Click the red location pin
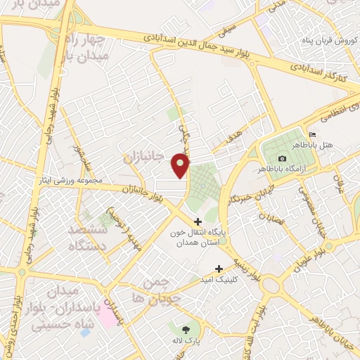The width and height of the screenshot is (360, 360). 181,165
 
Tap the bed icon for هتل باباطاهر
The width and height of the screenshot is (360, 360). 313,135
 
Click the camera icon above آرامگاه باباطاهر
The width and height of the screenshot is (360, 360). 282,159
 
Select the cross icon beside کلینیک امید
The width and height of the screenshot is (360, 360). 219,269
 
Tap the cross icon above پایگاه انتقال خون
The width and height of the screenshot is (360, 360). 198,222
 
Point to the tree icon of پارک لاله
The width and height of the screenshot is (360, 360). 186,330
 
